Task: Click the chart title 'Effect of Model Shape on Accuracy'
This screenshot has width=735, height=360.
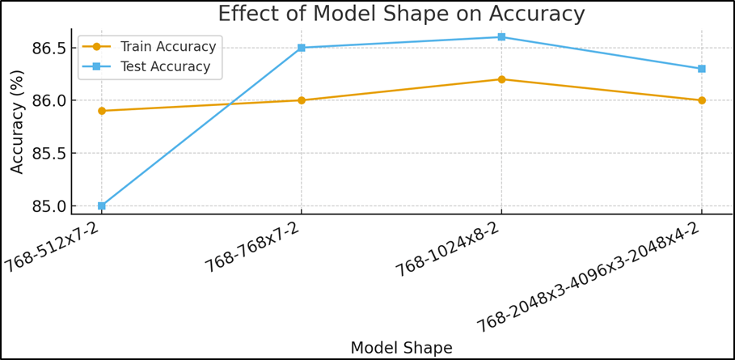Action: (x=401, y=14)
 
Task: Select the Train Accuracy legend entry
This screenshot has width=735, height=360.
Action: (x=167, y=46)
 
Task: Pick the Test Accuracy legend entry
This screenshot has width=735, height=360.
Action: (x=165, y=66)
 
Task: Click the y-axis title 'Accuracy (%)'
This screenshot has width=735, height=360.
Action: (x=17, y=121)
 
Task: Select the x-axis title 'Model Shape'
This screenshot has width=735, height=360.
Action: (x=401, y=348)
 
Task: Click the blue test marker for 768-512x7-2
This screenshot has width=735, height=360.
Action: (x=101, y=205)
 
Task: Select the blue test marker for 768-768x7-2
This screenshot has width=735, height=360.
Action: (x=301, y=48)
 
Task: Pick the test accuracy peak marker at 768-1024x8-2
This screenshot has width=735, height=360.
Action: (x=501, y=37)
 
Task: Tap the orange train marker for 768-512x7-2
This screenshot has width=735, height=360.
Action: (x=101, y=111)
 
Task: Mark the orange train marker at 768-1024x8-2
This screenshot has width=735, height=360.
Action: (x=501, y=79)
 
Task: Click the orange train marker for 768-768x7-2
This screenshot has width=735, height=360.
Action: (x=301, y=100)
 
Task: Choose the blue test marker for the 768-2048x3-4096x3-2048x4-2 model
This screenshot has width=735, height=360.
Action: (x=701, y=69)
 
